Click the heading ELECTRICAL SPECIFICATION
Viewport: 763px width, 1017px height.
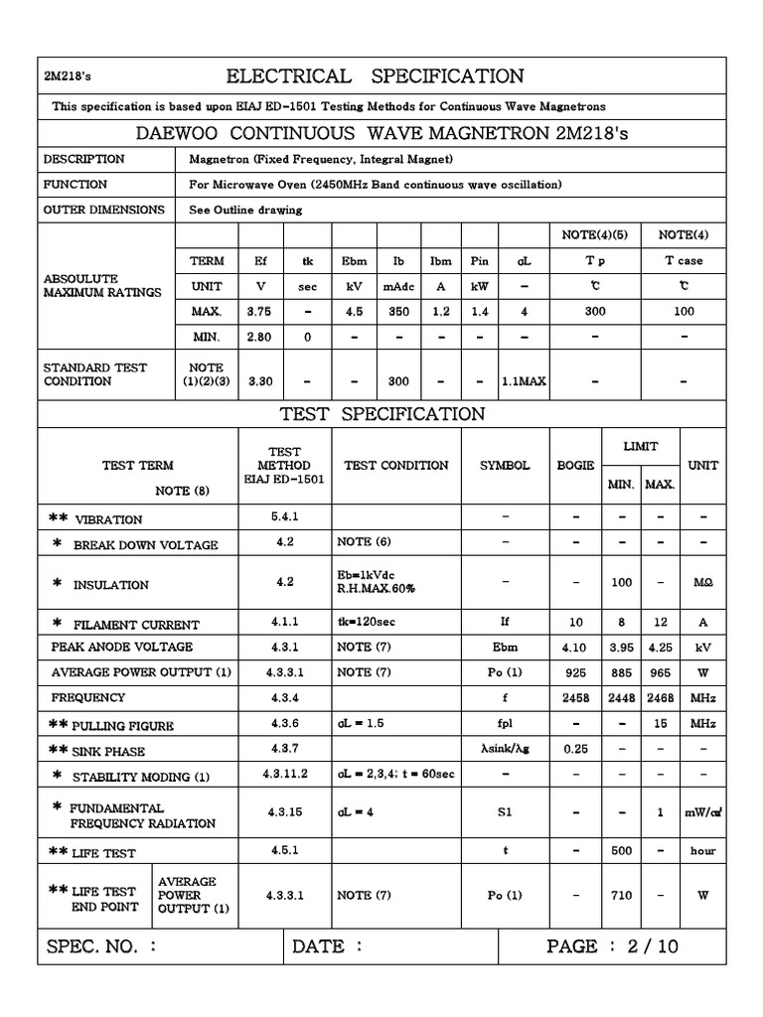[375, 76]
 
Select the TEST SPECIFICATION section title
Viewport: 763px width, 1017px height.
[382, 414]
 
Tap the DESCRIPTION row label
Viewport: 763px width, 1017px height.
[83, 159]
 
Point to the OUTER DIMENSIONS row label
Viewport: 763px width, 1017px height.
[103, 210]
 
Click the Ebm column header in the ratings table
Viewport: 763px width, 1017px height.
[354, 261]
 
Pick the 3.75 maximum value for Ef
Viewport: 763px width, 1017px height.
[260, 311]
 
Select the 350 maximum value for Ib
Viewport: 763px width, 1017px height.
[398, 311]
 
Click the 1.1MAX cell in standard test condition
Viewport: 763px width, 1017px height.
[523, 380]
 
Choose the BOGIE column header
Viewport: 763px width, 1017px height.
[575, 465]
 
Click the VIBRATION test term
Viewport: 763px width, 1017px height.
[108, 519]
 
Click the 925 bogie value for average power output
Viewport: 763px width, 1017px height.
[575, 672]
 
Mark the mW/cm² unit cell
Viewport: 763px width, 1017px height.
[702, 812]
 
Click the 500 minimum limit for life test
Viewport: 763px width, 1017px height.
[621, 851]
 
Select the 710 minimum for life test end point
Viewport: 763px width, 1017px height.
[621, 895]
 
